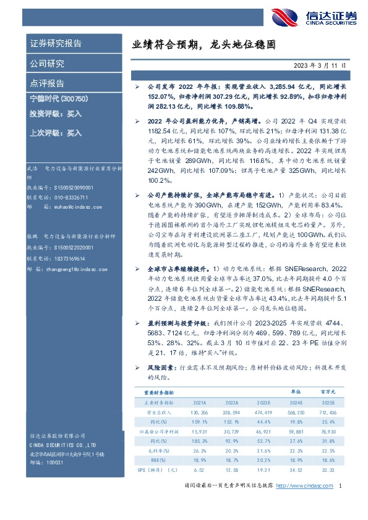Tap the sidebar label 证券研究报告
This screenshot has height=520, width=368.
(x=56, y=44)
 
